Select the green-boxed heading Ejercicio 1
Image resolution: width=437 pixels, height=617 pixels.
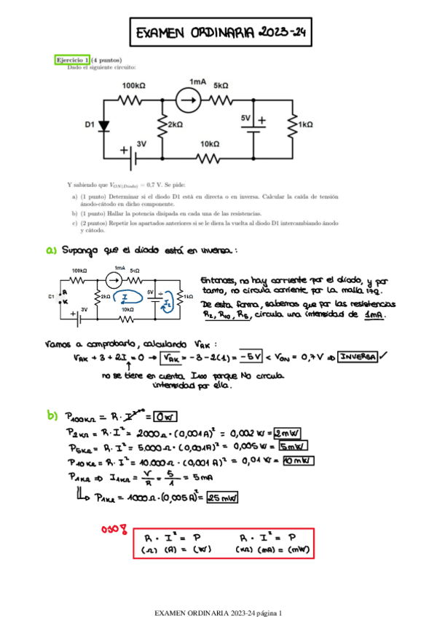72,60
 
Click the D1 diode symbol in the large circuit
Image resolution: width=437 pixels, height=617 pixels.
103,125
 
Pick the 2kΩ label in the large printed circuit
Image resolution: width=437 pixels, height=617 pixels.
175,125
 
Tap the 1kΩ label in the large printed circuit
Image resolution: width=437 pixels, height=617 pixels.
305,125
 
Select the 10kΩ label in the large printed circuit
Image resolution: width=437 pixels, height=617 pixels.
210,143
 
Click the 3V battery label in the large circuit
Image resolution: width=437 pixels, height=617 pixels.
141,144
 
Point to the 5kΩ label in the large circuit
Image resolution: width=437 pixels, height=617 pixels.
221,85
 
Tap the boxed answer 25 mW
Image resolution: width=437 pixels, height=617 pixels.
224,498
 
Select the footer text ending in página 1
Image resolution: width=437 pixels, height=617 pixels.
218,594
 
